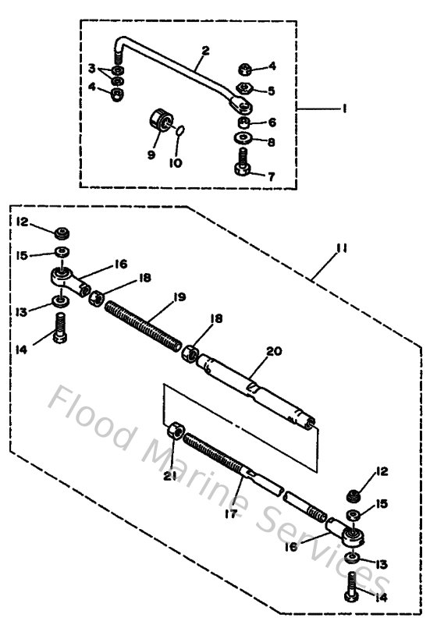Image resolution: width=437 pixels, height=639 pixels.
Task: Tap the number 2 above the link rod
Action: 205,51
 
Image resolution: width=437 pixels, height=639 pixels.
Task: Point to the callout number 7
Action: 272,177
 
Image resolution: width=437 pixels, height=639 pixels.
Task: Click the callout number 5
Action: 271,91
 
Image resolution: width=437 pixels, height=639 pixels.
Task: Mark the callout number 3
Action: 91,69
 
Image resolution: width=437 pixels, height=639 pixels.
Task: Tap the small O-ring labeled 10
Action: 179,132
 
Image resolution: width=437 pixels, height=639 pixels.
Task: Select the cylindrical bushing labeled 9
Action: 162,122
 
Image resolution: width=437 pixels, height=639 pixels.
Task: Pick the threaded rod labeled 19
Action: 149,323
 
